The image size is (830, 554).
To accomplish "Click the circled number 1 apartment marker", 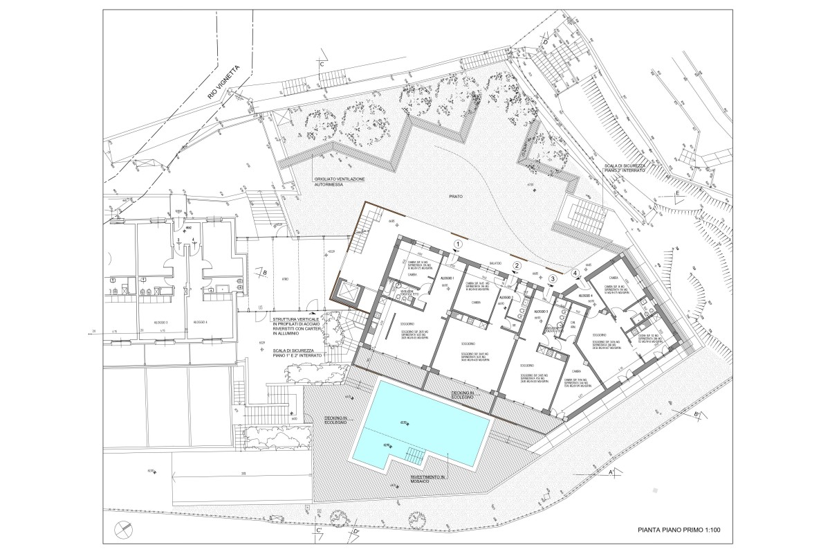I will (x=457, y=244).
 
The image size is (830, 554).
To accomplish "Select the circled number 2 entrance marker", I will (x=516, y=266).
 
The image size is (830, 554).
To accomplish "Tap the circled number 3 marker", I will (x=552, y=279).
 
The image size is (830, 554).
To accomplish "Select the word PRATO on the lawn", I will (x=454, y=197).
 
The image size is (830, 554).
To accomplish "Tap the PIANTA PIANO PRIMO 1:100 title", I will (x=679, y=530).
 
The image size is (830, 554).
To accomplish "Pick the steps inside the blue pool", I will (x=414, y=455).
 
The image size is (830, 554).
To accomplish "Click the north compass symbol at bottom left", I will (x=125, y=527).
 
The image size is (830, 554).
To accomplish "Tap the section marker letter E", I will (x=677, y=192).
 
